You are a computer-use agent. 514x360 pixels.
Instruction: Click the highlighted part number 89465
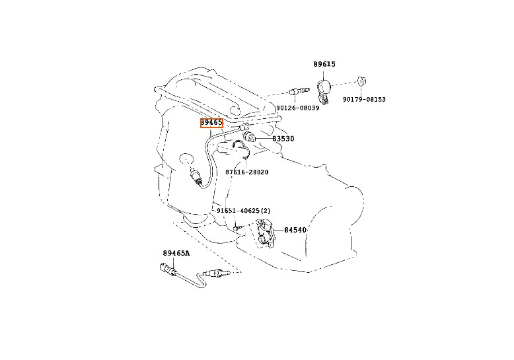pyautogui.click(x=211, y=123)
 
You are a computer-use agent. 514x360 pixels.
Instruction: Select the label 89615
pyautogui.click(x=324, y=64)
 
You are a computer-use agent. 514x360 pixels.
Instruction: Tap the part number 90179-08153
pyautogui.click(x=363, y=100)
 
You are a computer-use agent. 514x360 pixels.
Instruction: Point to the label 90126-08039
pyautogui.click(x=297, y=108)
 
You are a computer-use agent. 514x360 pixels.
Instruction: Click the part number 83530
pyautogui.click(x=283, y=139)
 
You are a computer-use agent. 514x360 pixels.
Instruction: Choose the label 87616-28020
pyautogui.click(x=246, y=172)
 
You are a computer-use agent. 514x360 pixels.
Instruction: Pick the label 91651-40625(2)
pyautogui.click(x=244, y=211)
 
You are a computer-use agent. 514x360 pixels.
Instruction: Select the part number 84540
pyautogui.click(x=295, y=230)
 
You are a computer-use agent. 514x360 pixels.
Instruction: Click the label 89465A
pyautogui.click(x=176, y=253)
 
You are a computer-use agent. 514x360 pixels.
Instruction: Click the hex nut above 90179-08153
pyautogui.click(x=362, y=82)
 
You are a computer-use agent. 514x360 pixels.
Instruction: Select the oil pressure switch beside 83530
pyautogui.click(x=250, y=136)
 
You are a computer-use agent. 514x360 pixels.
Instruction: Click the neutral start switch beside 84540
pyautogui.click(x=265, y=235)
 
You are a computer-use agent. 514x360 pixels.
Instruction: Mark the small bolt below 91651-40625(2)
pyautogui.click(x=235, y=229)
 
